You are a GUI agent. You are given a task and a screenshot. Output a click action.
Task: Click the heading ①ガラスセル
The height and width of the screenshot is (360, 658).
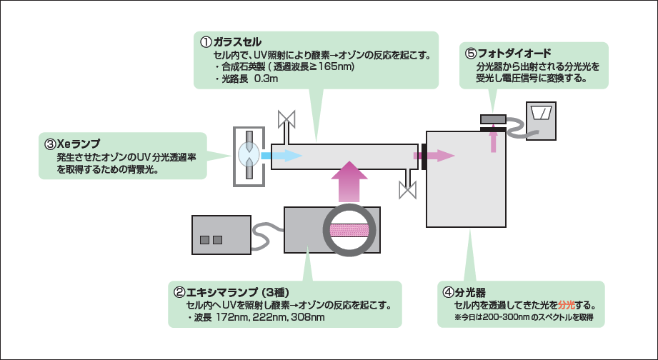coord(231,41)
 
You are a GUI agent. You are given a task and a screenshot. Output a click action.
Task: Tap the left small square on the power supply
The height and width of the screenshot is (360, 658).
coord(205,239)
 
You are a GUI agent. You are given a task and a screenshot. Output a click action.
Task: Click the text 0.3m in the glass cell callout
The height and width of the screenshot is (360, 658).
coord(266,79)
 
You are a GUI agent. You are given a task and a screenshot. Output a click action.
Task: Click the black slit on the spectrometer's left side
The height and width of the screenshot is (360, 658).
coord(424,155)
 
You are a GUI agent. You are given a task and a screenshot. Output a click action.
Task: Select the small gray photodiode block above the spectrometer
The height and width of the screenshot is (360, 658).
coord(492,118)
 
